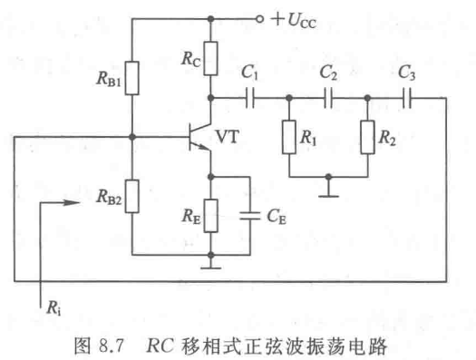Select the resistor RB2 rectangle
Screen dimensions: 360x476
(x=131, y=193)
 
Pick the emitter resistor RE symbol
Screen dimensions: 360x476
(x=210, y=215)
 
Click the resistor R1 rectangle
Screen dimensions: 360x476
(x=287, y=137)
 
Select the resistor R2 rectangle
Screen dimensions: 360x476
(x=367, y=137)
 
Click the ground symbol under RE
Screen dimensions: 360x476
(x=210, y=265)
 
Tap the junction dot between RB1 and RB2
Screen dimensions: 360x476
(x=131, y=138)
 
